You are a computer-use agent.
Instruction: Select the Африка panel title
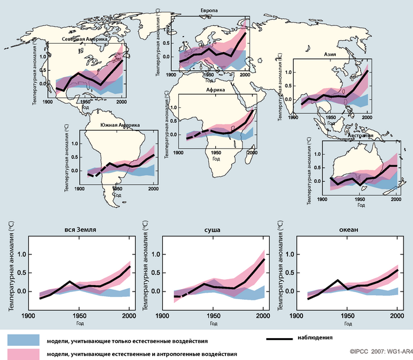click(214, 90)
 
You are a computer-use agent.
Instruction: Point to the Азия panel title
click(330, 54)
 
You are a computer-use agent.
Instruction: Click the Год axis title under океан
click(342, 323)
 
